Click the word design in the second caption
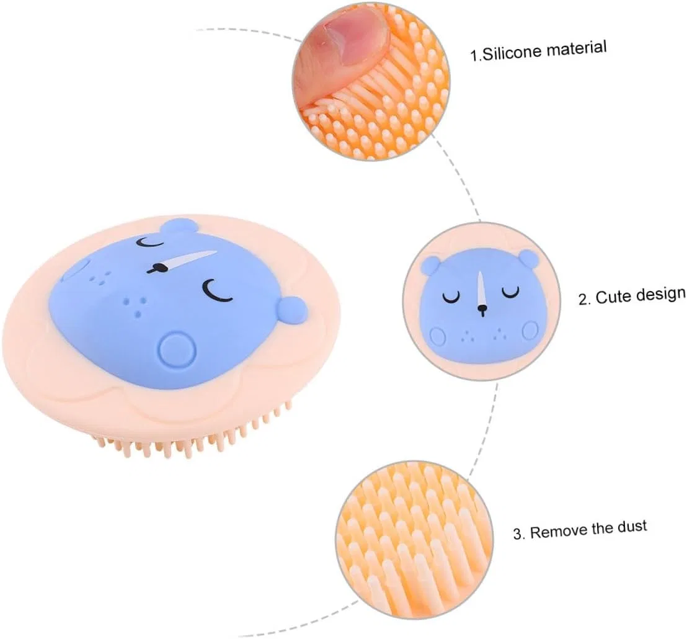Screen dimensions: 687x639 pyautogui.click(x=661, y=293)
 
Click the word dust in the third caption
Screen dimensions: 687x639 pyautogui.click(x=632, y=526)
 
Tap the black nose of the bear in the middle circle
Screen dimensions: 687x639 pyautogui.click(x=482, y=310)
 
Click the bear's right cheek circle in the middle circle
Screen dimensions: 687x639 pyautogui.click(x=531, y=329)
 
